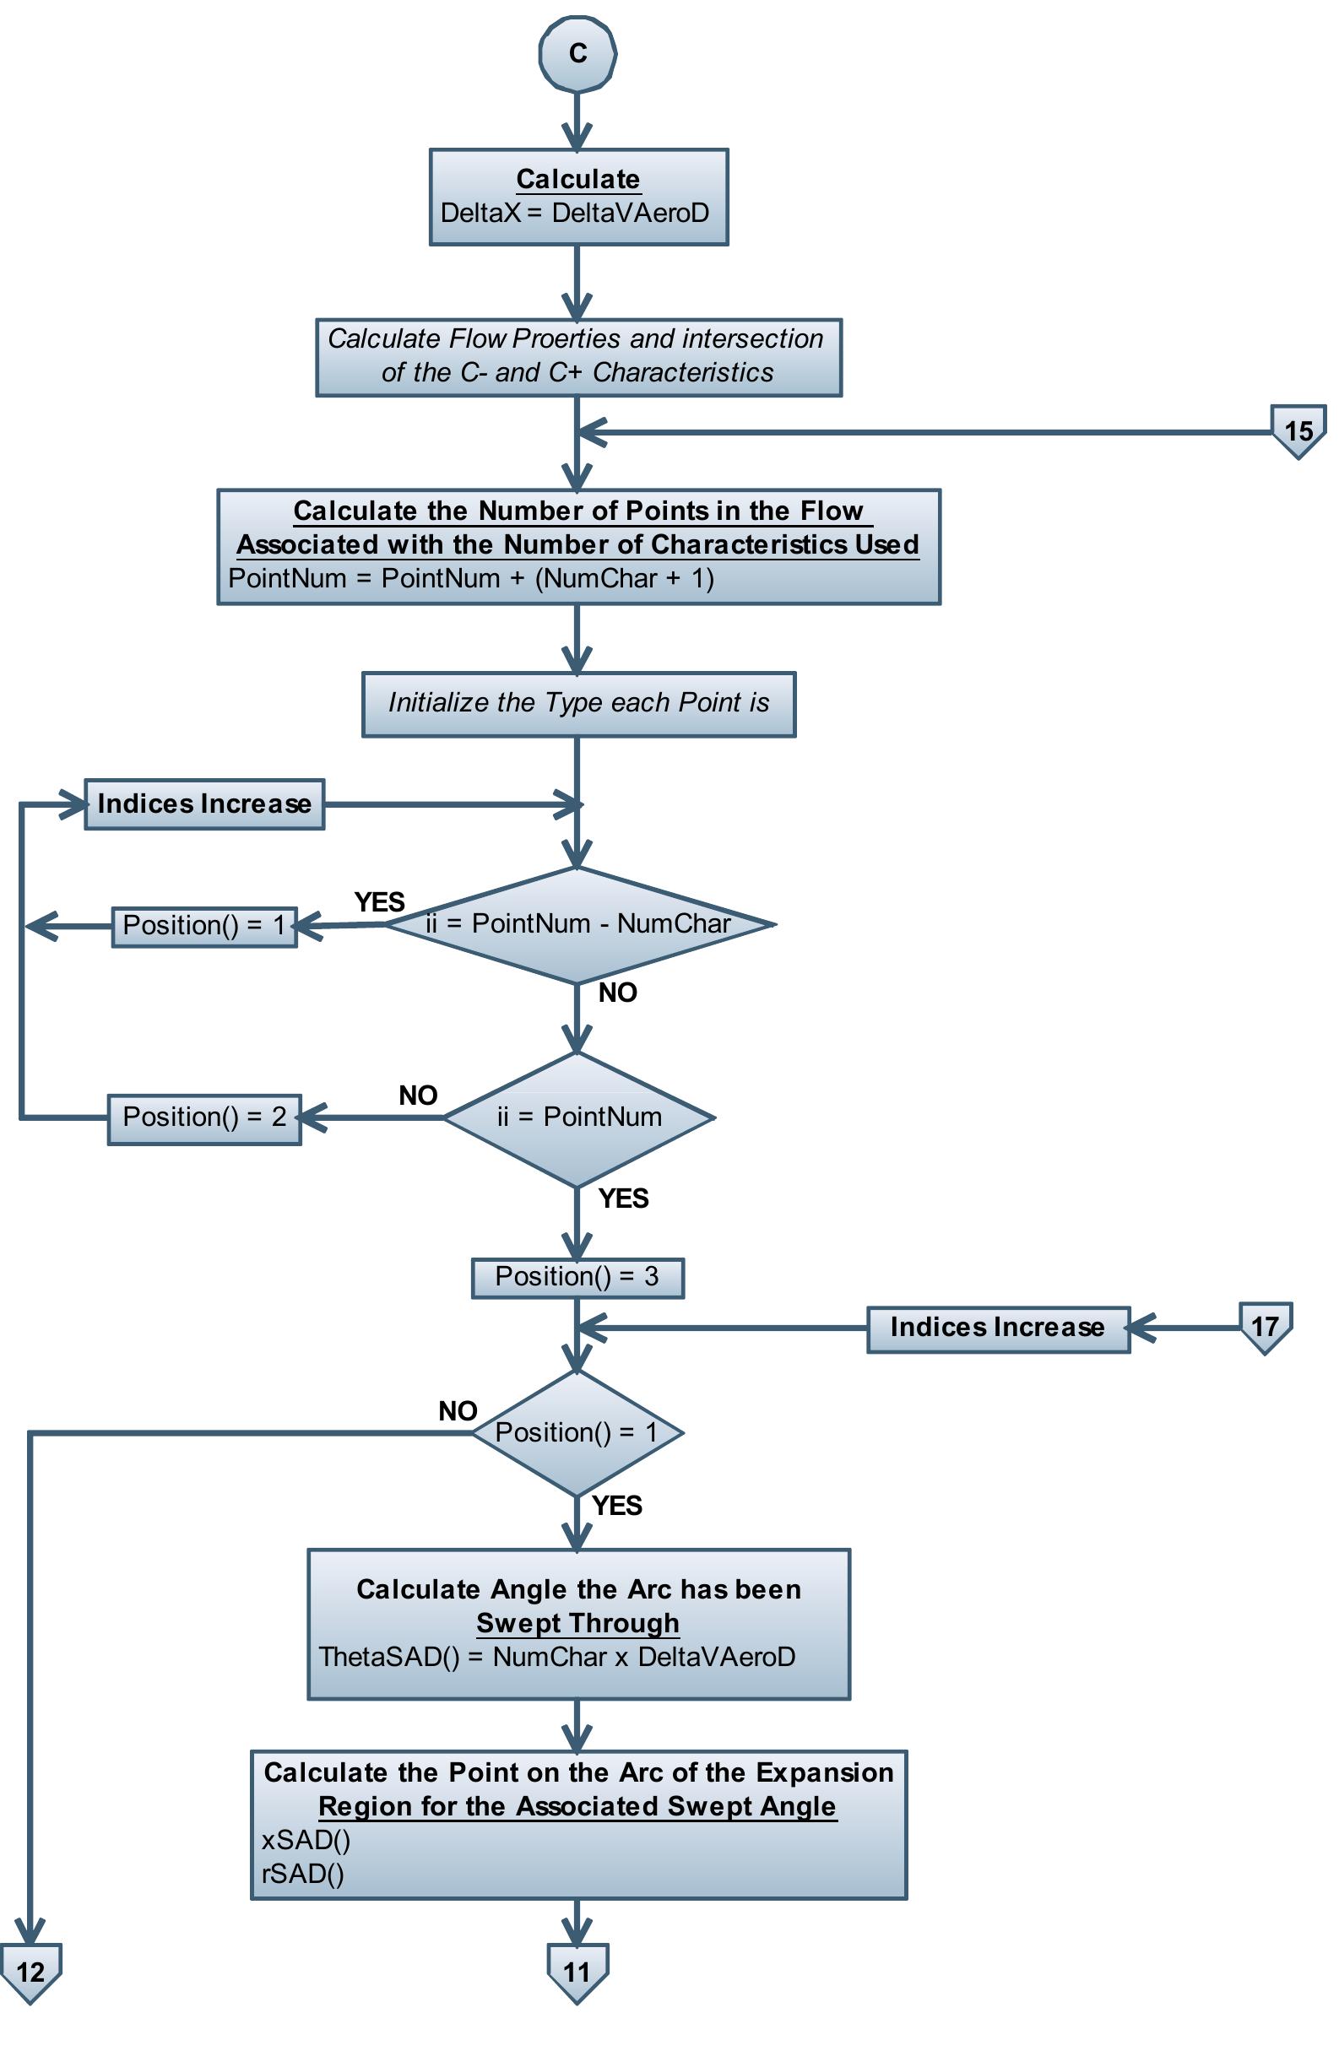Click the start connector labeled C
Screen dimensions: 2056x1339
click(577, 53)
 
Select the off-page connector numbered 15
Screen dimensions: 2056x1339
click(1298, 430)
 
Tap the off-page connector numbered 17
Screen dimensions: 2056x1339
click(1265, 1325)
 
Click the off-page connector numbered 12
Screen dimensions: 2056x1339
click(30, 1971)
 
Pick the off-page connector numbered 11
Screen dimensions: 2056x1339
click(577, 1971)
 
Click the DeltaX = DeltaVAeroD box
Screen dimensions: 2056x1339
click(578, 197)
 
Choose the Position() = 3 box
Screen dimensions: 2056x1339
click(577, 1277)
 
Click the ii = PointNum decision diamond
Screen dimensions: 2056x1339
click(578, 1117)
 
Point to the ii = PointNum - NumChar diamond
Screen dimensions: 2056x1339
click(578, 924)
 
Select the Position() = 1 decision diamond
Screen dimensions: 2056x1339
click(577, 1433)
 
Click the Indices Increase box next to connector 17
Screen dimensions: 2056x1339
click(998, 1328)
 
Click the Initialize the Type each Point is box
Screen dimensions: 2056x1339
click(578, 703)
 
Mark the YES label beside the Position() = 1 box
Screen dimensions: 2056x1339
click(379, 902)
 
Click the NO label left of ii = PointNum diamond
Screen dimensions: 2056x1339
click(418, 1096)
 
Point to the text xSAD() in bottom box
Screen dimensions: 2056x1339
click(306, 1840)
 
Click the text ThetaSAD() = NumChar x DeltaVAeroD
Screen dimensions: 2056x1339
click(557, 1656)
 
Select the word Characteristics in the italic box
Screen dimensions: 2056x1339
click(682, 372)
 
